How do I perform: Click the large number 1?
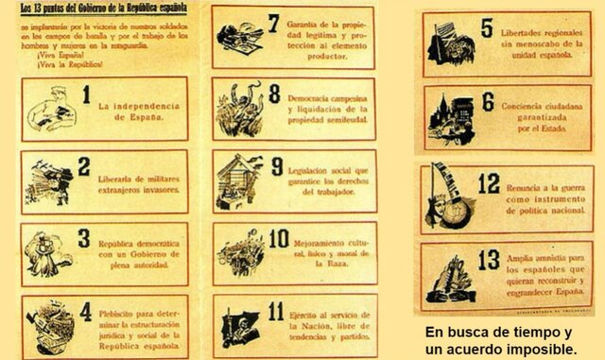(86, 95)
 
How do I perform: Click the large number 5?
(486, 30)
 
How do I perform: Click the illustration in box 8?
(237, 108)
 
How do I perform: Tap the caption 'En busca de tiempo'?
(498, 333)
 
